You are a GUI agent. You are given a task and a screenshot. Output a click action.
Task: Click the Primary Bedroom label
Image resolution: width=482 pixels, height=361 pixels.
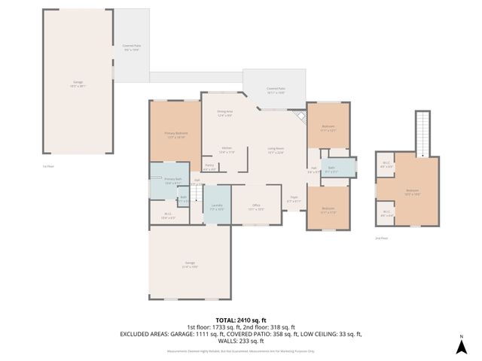175,135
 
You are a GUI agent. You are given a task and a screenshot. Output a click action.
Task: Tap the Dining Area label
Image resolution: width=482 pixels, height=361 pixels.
225,113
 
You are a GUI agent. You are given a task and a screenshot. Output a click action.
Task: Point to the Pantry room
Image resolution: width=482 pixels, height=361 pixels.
210,168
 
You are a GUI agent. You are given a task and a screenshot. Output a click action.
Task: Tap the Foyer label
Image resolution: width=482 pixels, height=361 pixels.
294,199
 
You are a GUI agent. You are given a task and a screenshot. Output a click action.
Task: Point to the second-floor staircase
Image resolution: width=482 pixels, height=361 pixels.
423,132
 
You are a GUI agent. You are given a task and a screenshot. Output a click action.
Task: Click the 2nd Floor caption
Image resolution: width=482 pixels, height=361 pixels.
381,238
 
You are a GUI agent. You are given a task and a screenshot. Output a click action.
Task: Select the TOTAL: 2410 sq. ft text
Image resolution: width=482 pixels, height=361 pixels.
242,320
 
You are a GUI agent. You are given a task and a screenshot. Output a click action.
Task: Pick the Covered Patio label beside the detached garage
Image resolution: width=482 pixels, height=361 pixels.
131,47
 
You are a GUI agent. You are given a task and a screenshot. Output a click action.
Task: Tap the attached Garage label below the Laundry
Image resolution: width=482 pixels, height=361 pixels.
189,264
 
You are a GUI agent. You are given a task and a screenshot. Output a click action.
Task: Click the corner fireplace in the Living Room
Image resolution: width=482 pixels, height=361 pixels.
300,117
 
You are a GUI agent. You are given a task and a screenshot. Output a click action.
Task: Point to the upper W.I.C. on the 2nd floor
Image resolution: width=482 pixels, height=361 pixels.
386,165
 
